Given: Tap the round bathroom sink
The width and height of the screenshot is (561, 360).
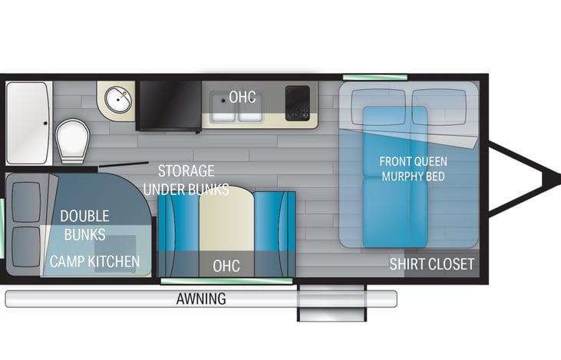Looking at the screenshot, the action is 117,100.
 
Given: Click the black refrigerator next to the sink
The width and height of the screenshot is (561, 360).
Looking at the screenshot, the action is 169,104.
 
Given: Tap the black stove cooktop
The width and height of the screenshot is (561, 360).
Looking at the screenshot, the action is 297,102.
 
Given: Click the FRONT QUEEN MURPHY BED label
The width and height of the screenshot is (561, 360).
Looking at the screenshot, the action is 414,169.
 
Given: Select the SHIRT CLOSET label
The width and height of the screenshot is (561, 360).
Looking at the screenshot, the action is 432,264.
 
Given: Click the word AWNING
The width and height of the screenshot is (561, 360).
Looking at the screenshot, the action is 200,299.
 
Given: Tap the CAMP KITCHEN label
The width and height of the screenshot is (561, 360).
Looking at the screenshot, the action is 95,262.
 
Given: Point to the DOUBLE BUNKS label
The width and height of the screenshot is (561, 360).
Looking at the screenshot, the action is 84,225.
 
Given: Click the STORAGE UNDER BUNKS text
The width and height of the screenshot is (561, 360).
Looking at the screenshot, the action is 186,180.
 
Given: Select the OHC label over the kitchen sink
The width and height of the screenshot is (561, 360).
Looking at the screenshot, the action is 243,97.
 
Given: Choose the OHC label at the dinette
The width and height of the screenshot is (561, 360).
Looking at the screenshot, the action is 226,266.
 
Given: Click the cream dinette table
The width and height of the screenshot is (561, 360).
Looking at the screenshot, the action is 226,223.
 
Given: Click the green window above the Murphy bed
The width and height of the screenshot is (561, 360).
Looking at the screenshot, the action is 365,78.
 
